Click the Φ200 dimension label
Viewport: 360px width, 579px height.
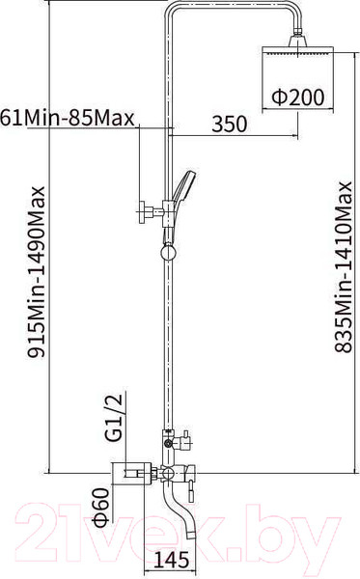[x=298, y=96]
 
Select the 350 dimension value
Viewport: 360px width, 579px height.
[x=230, y=124]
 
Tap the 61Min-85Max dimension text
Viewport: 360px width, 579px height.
[x=67, y=119]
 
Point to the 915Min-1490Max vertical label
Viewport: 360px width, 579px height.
[x=36, y=271]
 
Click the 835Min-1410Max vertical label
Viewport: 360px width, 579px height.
[x=343, y=266]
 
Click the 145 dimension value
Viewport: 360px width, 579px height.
[x=171, y=560]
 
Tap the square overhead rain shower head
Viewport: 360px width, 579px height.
[x=298, y=50]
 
